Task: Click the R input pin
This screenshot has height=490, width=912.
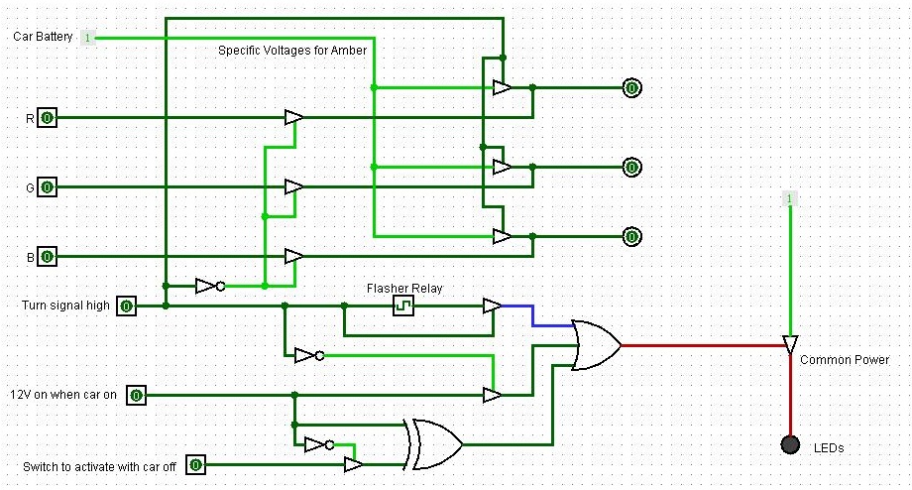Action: (48, 118)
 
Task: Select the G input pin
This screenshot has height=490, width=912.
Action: (48, 187)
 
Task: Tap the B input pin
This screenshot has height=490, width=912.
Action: (48, 256)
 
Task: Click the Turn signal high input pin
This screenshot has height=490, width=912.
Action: (127, 306)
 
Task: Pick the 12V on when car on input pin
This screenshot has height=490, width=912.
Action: (136, 396)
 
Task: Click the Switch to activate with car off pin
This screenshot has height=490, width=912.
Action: (196, 465)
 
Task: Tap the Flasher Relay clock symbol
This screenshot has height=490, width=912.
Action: (403, 306)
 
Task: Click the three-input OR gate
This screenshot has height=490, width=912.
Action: (596, 345)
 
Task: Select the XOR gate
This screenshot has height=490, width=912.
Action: (436, 444)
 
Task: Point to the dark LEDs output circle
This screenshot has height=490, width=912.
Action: (790, 444)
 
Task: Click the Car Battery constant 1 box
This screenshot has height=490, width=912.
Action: (87, 38)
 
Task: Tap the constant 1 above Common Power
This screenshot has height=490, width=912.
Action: (789, 198)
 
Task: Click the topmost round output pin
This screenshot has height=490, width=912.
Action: (631, 88)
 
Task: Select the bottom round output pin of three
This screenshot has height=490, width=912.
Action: (631, 237)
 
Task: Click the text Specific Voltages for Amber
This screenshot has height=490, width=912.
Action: (292, 51)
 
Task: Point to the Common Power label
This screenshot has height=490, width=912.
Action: (845, 360)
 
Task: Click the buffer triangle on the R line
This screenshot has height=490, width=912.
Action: (293, 118)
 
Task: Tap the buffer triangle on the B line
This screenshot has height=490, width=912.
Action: (293, 256)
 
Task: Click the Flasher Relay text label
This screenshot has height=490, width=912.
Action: (404, 288)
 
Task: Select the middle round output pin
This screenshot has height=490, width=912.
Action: (631, 168)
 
